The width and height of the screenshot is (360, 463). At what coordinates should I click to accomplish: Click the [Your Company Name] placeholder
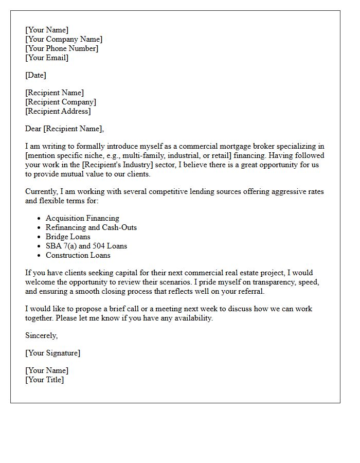(64, 39)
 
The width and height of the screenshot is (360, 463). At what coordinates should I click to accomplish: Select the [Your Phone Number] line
(62, 48)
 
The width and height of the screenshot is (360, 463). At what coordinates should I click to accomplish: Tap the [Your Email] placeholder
(47, 58)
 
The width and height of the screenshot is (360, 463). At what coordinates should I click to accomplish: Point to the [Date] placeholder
(35, 75)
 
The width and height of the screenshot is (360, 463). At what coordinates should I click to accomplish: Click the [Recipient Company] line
(61, 102)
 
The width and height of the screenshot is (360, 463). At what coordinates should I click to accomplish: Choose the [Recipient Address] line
(58, 111)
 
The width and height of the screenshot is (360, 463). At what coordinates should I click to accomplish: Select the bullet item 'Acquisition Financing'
(82, 218)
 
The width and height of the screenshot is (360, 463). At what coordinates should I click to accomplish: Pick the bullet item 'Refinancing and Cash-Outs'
(91, 227)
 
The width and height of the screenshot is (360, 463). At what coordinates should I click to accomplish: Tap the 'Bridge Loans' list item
(68, 237)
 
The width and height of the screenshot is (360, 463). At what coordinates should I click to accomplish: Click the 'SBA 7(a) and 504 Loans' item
(86, 246)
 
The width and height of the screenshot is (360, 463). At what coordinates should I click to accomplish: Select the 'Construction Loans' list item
(78, 255)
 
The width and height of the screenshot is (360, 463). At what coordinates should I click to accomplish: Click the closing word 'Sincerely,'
(42, 335)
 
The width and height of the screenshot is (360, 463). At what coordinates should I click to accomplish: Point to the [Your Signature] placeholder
(52, 353)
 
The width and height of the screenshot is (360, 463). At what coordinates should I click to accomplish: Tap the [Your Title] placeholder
(45, 380)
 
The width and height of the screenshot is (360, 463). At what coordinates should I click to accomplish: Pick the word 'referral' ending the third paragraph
(249, 291)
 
